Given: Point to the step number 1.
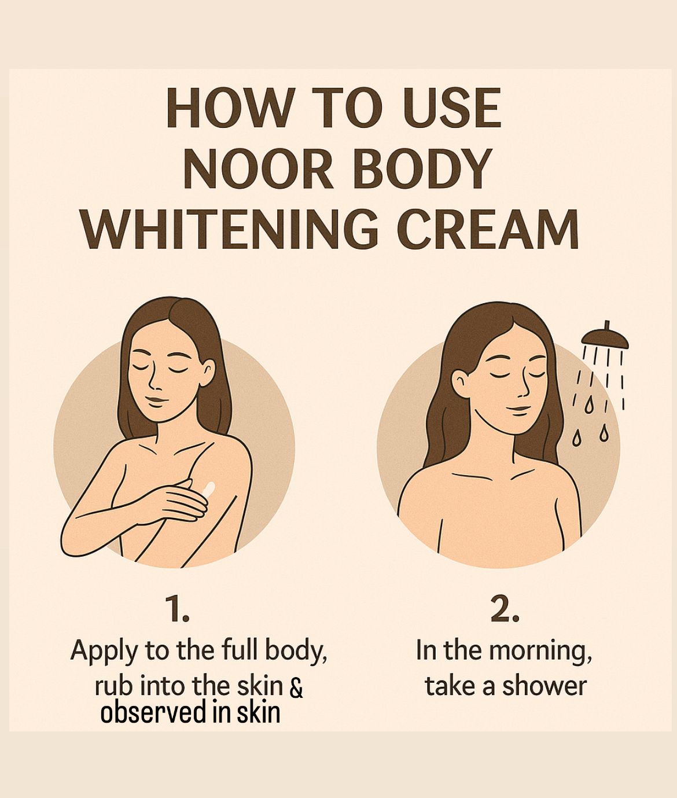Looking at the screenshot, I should [177, 610].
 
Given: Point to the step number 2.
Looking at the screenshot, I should [504, 610].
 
